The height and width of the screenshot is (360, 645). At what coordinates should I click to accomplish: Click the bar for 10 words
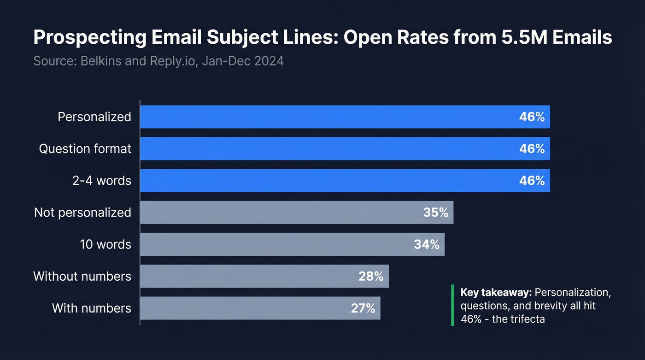(276, 244)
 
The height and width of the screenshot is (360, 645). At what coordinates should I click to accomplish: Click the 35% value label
(435, 212)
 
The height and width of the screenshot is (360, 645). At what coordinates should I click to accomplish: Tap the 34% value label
(427, 244)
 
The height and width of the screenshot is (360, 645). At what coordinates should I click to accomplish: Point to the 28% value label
(371, 276)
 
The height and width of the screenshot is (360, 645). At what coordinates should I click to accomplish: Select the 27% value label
(363, 308)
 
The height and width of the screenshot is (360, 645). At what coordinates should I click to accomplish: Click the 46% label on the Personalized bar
(532, 117)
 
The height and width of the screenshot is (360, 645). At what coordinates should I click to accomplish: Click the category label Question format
(85, 148)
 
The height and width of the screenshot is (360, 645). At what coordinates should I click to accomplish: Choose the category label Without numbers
(82, 276)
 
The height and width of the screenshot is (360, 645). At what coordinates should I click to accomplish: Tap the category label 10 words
(106, 244)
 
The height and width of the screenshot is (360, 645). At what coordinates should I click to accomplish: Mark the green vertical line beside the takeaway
(452, 305)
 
